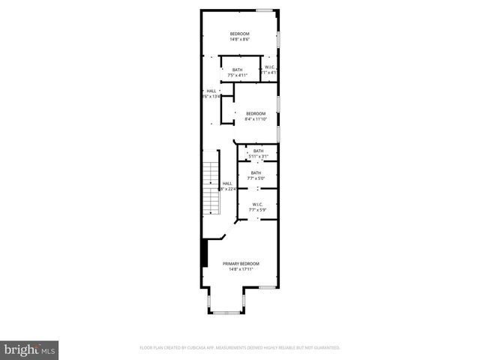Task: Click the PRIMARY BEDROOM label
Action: click(x=241, y=263)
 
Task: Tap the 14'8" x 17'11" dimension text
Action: click(x=241, y=269)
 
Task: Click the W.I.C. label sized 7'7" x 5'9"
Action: click(x=256, y=204)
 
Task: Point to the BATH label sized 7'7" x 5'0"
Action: click(x=256, y=173)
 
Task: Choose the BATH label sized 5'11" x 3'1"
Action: click(x=258, y=151)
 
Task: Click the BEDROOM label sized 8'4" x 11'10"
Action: click(x=256, y=113)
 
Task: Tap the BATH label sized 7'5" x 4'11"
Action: click(x=237, y=70)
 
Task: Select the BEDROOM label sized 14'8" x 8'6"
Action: click(x=240, y=34)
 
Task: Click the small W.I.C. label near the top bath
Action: click(x=270, y=68)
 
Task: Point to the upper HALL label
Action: click(x=211, y=91)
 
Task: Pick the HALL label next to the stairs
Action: click(x=227, y=183)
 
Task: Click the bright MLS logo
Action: click(x=30, y=349)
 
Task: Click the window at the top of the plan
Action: click(x=264, y=10)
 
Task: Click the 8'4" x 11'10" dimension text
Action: click(x=256, y=119)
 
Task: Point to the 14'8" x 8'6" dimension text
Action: click(x=240, y=39)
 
